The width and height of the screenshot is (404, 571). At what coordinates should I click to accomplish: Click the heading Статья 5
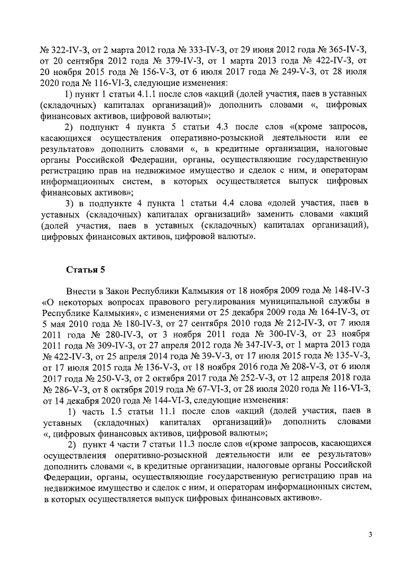(x=86, y=270)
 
